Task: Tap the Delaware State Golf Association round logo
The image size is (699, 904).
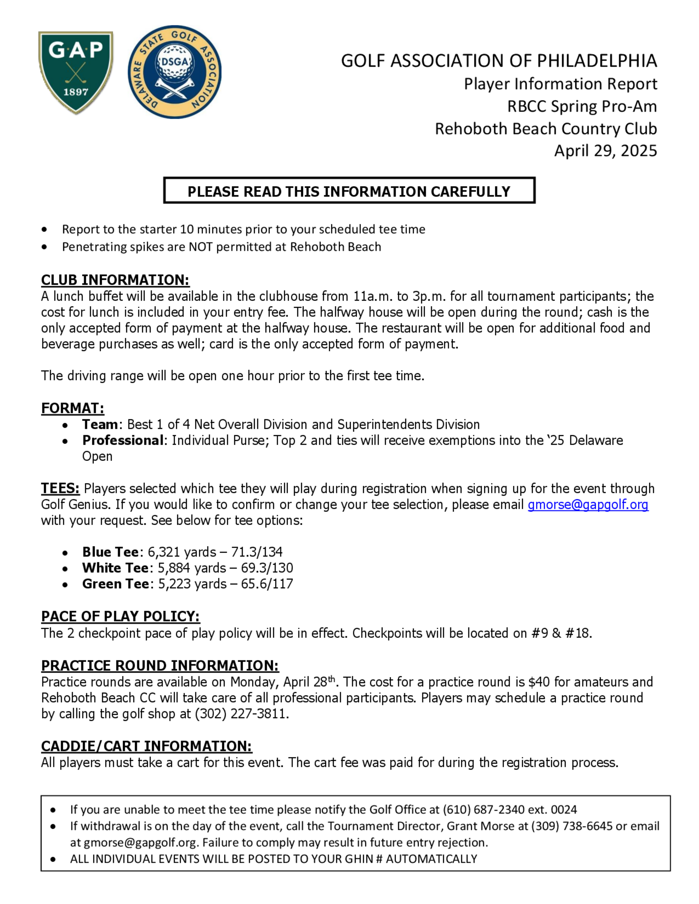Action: pyautogui.click(x=174, y=72)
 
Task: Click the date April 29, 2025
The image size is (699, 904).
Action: pyautogui.click(x=605, y=151)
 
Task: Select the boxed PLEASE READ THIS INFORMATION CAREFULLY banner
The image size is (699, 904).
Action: pyautogui.click(x=349, y=191)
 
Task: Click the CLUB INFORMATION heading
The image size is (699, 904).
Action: pyautogui.click(x=115, y=280)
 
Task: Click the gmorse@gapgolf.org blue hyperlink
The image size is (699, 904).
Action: pyautogui.click(x=588, y=504)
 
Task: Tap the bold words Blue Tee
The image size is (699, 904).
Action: pyautogui.click(x=110, y=552)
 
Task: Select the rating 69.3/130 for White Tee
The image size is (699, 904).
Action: pyautogui.click(x=267, y=568)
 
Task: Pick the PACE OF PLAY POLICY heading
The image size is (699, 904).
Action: pyautogui.click(x=120, y=616)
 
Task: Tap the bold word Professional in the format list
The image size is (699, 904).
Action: pyautogui.click(x=123, y=440)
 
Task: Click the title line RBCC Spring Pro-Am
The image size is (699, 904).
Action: pyautogui.click(x=582, y=107)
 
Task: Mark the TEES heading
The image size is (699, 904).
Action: pyautogui.click(x=60, y=488)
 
